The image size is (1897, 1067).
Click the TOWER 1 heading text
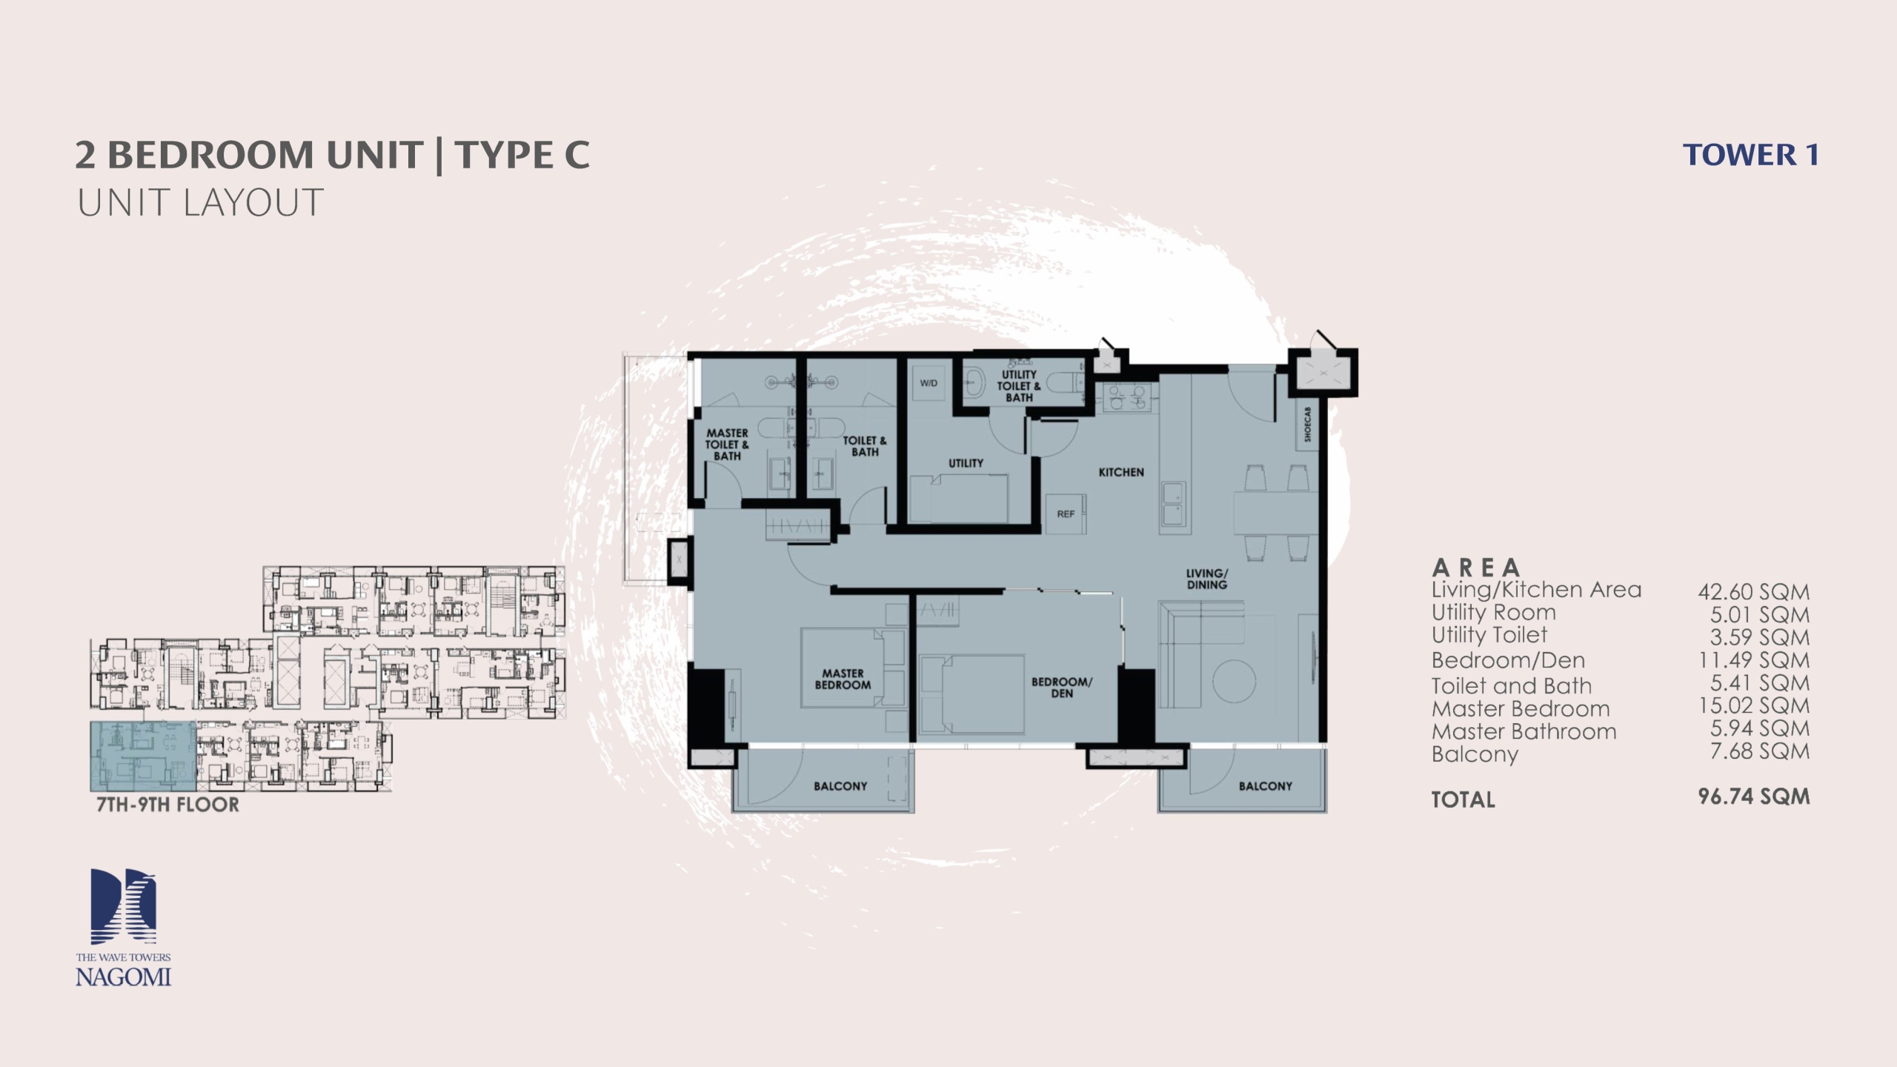(1750, 155)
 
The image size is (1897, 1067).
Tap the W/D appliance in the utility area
(928, 383)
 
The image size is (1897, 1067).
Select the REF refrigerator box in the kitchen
(1066, 513)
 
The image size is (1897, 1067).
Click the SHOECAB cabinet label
(1307, 424)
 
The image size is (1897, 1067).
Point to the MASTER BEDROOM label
(843, 679)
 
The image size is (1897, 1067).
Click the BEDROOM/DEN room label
(1062, 687)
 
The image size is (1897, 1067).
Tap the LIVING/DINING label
(1207, 579)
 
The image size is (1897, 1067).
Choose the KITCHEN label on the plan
(1121, 472)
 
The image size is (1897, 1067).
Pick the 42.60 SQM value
(1754, 592)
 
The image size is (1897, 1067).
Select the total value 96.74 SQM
(1754, 797)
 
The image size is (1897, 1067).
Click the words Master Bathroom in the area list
(1524, 731)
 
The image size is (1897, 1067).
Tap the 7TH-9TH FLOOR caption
(168, 805)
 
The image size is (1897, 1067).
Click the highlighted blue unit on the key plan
(144, 756)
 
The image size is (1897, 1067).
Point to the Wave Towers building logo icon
(123, 906)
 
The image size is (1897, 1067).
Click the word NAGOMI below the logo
(123, 977)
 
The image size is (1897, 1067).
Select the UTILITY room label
(966, 463)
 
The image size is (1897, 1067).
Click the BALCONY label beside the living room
(1266, 786)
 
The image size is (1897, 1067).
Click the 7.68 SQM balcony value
(1760, 751)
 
